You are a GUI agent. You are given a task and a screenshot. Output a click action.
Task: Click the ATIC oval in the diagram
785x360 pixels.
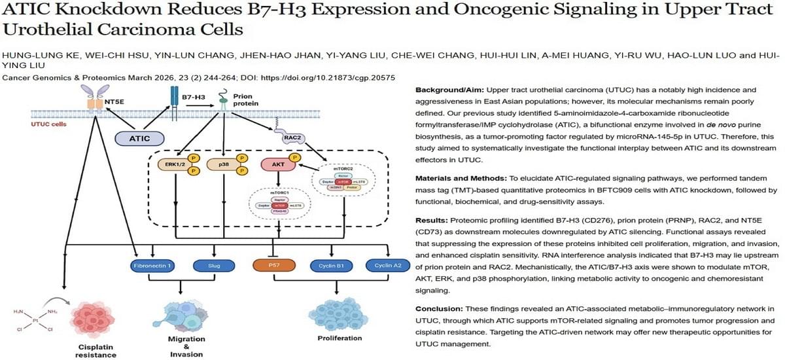click(x=139, y=138)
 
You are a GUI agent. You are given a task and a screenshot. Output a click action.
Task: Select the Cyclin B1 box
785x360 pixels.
click(x=332, y=265)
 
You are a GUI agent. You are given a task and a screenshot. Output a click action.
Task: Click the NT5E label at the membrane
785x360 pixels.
click(x=111, y=102)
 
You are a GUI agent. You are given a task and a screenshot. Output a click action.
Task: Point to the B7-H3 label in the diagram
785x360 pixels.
click(x=191, y=96)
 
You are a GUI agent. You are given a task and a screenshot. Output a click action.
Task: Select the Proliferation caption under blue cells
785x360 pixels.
click(x=340, y=338)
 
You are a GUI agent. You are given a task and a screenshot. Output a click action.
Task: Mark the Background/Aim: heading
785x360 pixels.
click(x=455, y=89)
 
